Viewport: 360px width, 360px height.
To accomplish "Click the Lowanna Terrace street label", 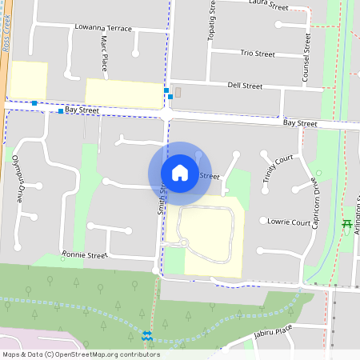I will coord(102,27).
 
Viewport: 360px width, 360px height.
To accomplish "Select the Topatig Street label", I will coord(213,20).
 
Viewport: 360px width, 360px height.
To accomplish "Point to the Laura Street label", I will coord(269,6).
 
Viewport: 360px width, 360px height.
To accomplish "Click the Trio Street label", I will coord(258,54).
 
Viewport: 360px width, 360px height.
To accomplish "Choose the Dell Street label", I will coord(245,85).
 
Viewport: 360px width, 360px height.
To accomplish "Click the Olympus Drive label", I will coord(18,177).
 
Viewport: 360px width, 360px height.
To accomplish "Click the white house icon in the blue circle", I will coord(180,173).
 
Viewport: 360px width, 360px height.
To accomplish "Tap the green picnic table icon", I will coord(347,225).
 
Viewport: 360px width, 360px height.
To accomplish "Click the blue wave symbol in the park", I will coord(146,336).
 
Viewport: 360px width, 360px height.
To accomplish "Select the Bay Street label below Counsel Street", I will coord(300,123).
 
